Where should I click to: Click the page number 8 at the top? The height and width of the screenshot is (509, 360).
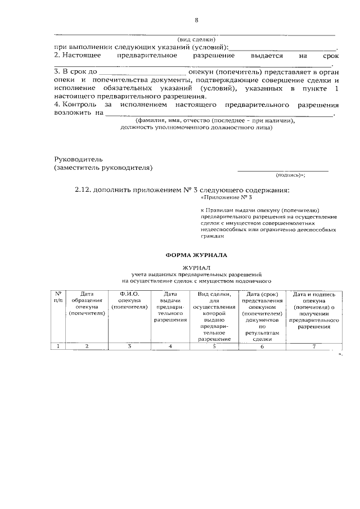click(x=196, y=21)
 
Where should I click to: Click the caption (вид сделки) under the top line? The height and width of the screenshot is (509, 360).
click(x=196, y=39)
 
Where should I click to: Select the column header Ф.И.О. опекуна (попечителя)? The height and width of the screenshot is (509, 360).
click(x=129, y=300)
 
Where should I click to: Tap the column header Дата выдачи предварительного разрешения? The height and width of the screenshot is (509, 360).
click(x=170, y=307)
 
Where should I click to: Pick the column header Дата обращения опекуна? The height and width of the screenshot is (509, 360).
click(x=87, y=304)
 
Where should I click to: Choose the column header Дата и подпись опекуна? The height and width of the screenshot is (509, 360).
click(x=314, y=310)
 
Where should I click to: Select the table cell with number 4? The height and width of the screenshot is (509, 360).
click(x=170, y=346)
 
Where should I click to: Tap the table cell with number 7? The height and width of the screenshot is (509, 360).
click(x=314, y=346)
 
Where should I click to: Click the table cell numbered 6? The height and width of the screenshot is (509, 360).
click(x=262, y=346)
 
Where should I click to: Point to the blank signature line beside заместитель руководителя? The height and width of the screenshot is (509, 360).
click(x=282, y=169)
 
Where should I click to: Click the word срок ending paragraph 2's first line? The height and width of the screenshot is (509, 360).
click(x=331, y=56)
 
